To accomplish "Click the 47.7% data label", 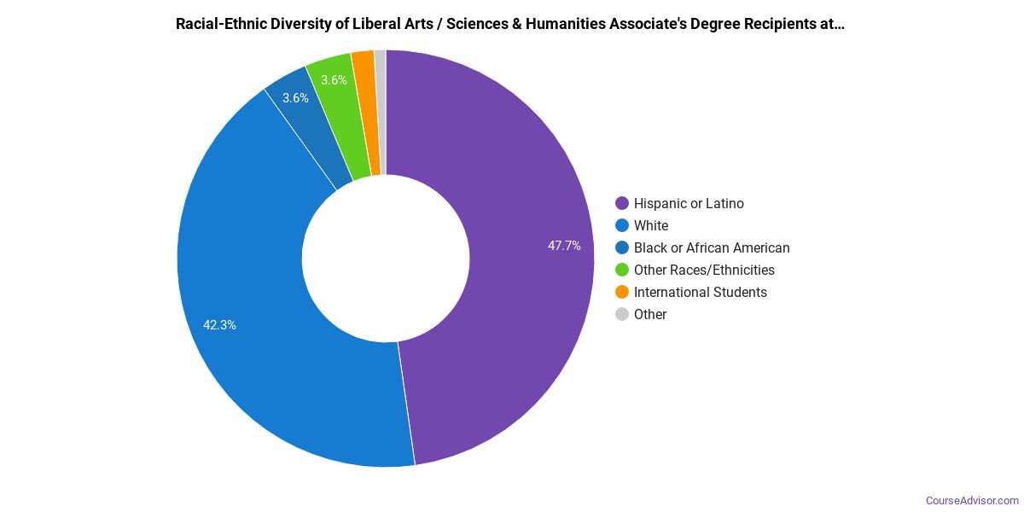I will click(564, 246).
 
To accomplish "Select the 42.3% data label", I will click(219, 325).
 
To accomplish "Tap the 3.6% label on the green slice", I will click(334, 80).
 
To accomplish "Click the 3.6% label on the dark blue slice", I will click(295, 98).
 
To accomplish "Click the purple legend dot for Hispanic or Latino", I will click(622, 204).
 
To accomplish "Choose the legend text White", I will click(651, 226).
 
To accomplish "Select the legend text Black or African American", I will click(712, 248).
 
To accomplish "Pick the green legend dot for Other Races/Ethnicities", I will click(622, 271).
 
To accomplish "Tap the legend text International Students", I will click(700, 293).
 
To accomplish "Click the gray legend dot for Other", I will click(622, 315).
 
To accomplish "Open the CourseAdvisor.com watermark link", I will click(972, 501).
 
